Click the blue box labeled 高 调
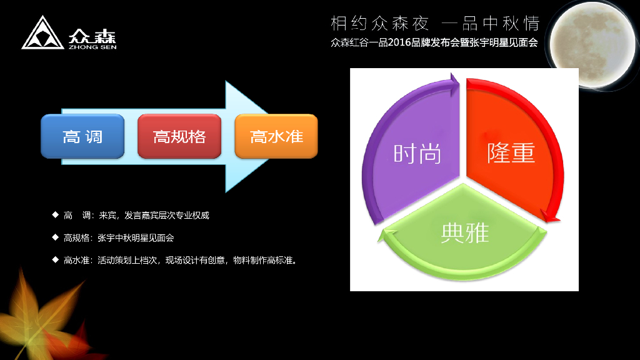point(82,136)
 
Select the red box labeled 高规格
point(179,136)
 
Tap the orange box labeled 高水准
point(276,136)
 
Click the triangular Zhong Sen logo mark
point(43,34)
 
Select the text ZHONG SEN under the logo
point(92,46)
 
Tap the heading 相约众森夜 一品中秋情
point(434,24)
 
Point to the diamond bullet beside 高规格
point(55,237)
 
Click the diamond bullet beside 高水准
point(55,259)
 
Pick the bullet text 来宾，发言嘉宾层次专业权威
point(154,216)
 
